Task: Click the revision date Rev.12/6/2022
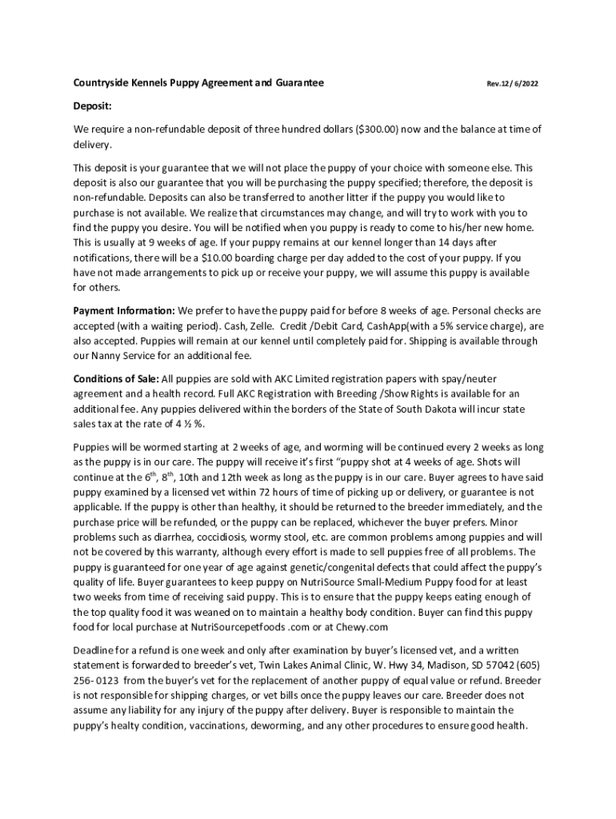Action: pos(512,84)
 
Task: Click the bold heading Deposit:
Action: pos(93,106)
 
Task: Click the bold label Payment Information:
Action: pos(124,310)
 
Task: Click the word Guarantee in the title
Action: pos(298,83)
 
